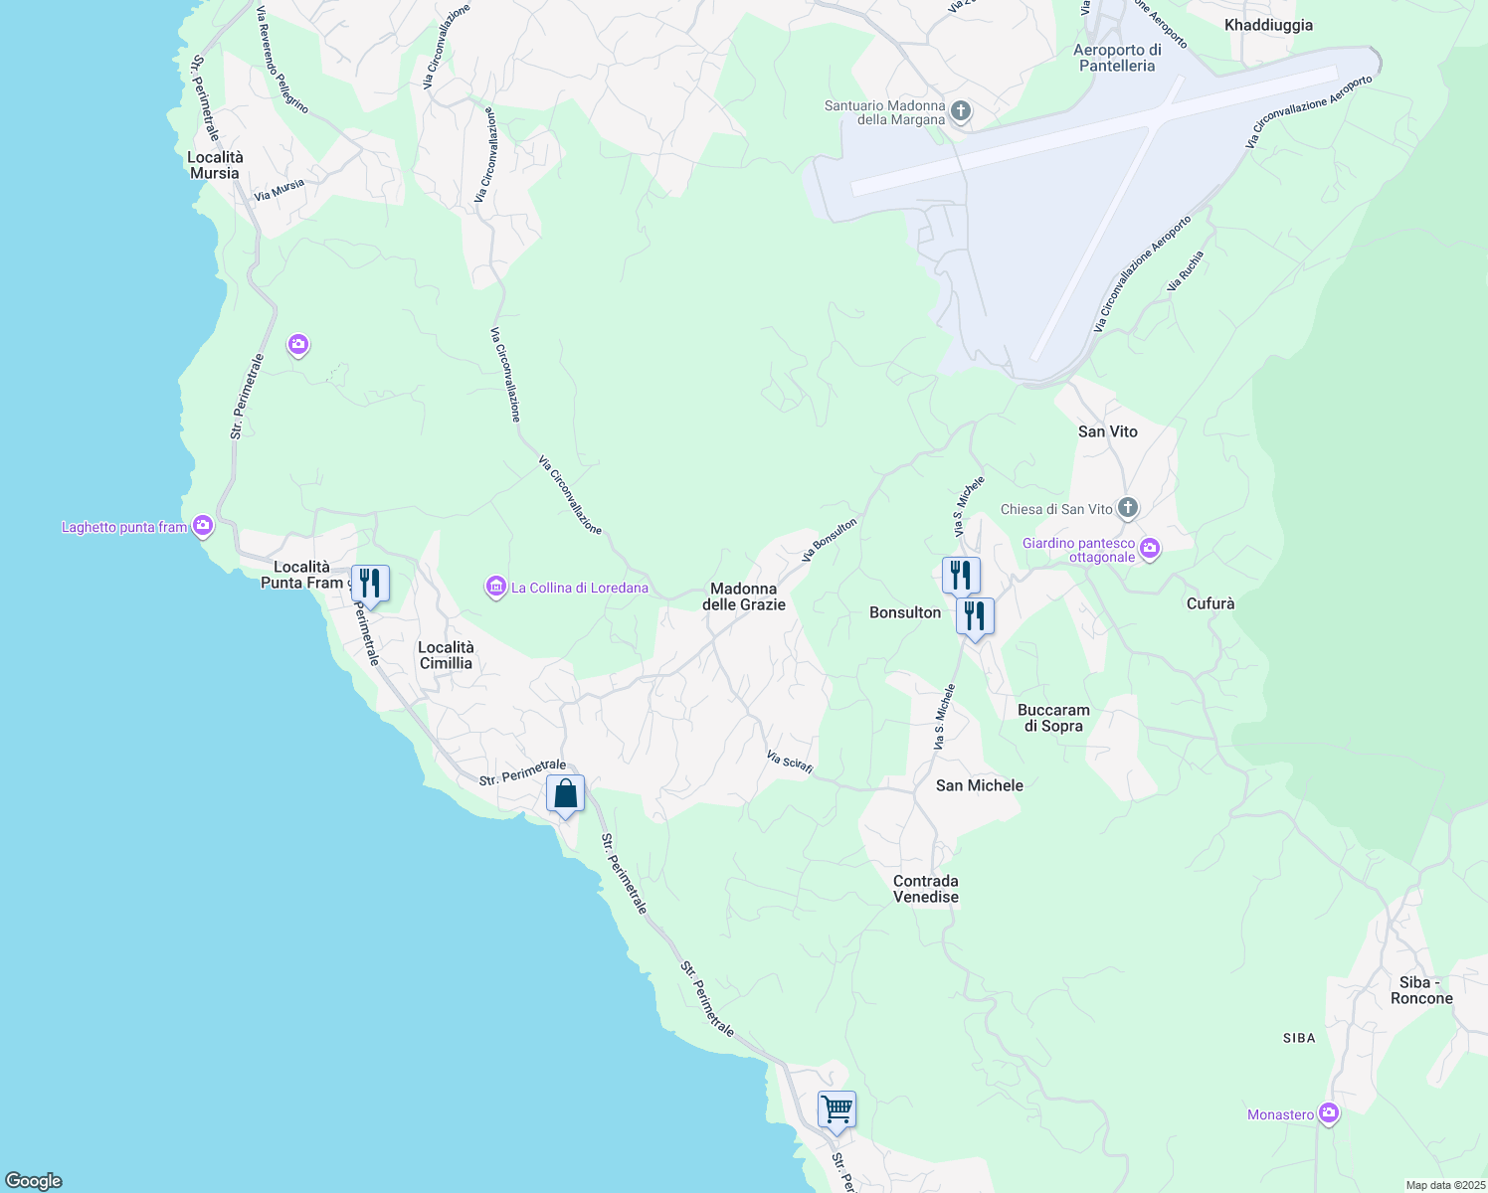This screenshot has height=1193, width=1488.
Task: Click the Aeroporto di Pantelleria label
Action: tap(1118, 58)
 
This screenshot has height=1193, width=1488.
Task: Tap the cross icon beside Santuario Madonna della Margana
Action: tap(961, 110)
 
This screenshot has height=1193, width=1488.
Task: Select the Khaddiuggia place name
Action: tap(1268, 25)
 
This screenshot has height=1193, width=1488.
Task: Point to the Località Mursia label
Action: tap(215, 165)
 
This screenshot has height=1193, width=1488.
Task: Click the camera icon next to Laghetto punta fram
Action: tap(203, 525)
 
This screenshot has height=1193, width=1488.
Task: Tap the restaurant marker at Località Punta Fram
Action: tap(370, 584)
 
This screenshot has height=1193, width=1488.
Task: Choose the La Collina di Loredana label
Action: tap(579, 588)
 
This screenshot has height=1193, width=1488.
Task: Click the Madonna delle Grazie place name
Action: tap(744, 596)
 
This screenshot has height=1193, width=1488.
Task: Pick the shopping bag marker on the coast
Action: tap(565, 794)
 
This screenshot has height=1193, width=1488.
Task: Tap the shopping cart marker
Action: tap(837, 1108)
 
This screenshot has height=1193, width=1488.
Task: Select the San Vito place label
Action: tap(1108, 431)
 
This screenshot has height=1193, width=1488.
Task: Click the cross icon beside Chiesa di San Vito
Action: tap(1127, 508)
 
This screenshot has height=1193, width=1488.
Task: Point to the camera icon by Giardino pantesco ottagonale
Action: tap(1150, 548)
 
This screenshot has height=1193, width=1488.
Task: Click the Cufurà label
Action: tap(1210, 603)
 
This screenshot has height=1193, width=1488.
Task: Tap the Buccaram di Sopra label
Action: tap(1053, 718)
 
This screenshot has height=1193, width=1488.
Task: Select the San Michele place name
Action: tap(980, 785)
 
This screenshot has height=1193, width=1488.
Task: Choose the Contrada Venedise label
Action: tap(926, 889)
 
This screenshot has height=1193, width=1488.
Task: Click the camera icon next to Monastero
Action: tap(1329, 1113)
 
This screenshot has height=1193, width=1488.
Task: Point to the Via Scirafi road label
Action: tap(791, 762)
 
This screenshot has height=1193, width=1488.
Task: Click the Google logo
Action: tap(34, 1181)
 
